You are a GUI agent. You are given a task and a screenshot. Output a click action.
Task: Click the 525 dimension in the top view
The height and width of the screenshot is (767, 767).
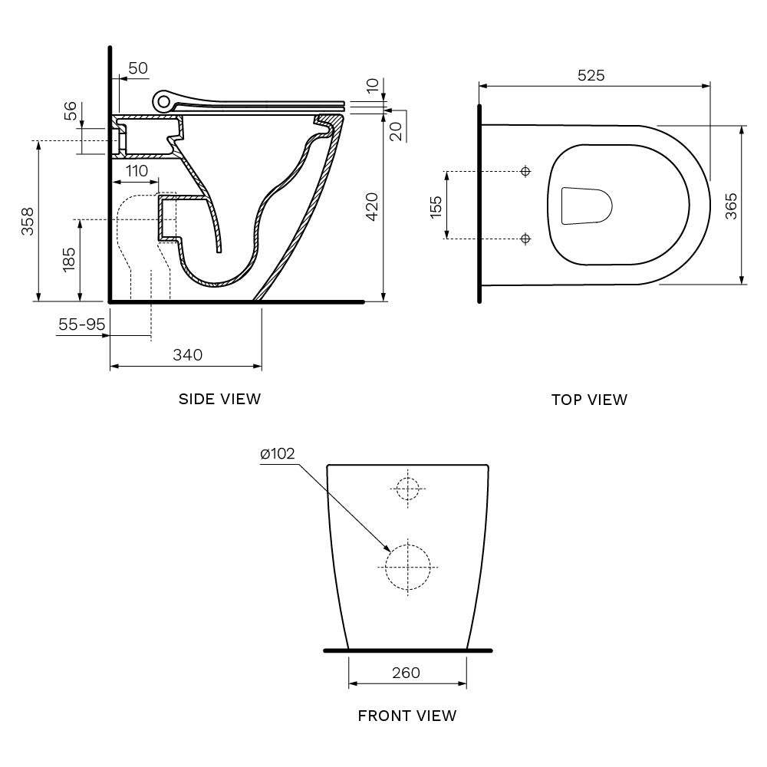[591, 75]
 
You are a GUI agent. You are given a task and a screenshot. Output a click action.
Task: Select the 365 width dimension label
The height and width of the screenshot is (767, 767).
[731, 206]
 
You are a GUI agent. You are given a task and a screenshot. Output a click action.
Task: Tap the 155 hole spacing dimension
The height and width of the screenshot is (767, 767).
[436, 206]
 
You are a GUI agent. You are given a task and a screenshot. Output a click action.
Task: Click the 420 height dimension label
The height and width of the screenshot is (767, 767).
[371, 207]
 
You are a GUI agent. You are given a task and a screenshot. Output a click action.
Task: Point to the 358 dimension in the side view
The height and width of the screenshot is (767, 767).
[27, 221]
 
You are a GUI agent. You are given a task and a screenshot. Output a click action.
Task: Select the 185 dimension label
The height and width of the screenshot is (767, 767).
[69, 259]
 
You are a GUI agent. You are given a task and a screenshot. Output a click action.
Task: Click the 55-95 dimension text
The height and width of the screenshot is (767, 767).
[81, 324]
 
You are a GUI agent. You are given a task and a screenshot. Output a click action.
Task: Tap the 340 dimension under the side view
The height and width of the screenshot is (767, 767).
[187, 354]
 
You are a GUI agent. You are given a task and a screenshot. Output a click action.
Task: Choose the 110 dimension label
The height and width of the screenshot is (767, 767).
[137, 171]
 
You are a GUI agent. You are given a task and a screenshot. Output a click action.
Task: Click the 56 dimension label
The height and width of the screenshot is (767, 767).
[69, 112]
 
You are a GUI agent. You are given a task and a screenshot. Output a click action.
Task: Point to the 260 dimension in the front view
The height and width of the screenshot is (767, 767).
[406, 673]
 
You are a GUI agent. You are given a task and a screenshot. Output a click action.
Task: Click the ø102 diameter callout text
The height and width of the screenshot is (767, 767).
[278, 454]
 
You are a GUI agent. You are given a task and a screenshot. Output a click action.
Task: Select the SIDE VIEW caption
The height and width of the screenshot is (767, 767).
[219, 399]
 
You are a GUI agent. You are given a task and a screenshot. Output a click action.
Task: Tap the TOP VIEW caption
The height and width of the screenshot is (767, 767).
[589, 400]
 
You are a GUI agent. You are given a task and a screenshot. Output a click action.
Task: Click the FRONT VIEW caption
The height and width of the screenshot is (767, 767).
[407, 716]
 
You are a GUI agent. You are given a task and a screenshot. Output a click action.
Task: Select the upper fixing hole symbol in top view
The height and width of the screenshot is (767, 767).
[525, 171]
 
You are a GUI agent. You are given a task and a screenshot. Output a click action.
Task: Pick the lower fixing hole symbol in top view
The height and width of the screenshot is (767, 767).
[525, 239]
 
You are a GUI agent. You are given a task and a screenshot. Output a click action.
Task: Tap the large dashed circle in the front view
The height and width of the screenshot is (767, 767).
[408, 567]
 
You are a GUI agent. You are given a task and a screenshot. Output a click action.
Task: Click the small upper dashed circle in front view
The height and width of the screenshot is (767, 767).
[408, 488]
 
